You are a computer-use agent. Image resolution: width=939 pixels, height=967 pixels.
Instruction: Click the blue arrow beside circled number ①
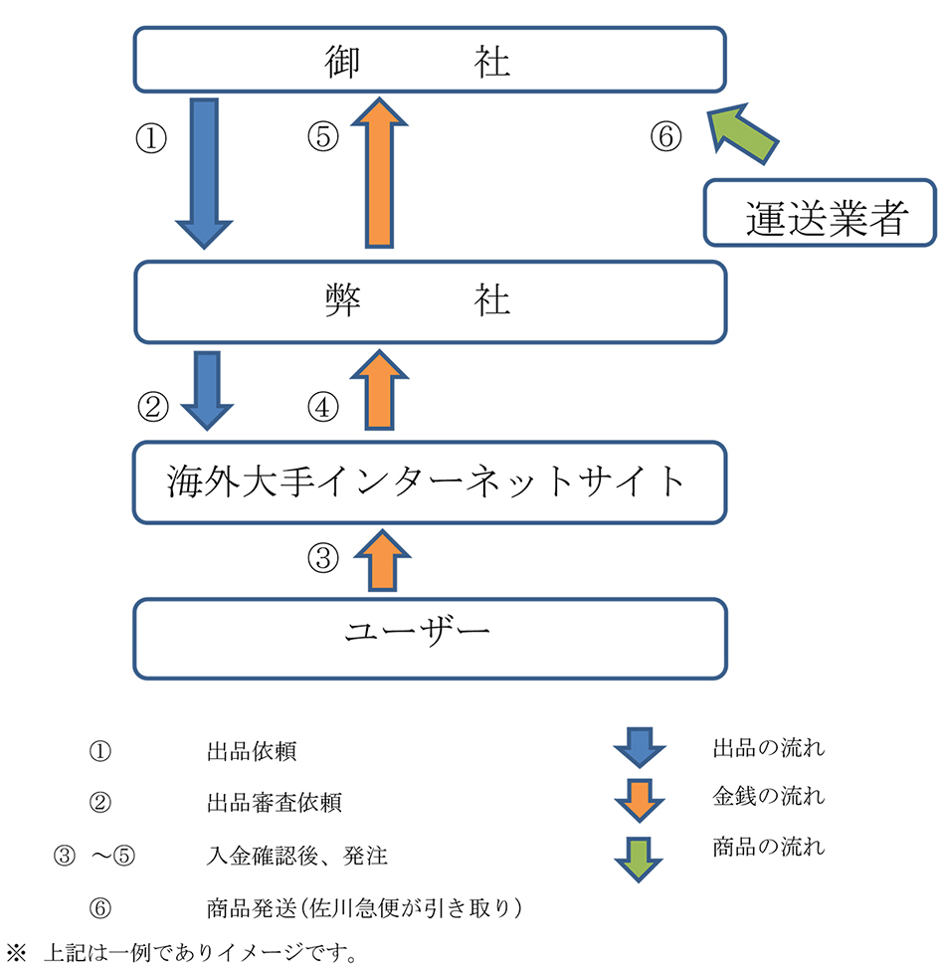(x=204, y=172)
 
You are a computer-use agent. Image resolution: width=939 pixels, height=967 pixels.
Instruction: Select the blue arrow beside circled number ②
(x=207, y=388)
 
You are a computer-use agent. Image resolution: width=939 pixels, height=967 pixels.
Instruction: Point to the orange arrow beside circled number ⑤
(x=379, y=172)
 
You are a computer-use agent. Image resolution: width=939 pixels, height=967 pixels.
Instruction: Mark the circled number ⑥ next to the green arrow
(x=666, y=136)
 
